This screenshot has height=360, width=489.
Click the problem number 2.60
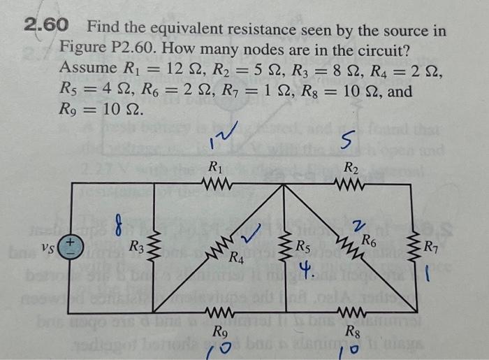46,27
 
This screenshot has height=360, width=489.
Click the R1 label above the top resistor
217,168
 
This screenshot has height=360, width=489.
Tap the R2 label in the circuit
351,168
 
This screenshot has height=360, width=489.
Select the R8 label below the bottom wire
353,331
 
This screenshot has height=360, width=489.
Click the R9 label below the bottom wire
220,331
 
